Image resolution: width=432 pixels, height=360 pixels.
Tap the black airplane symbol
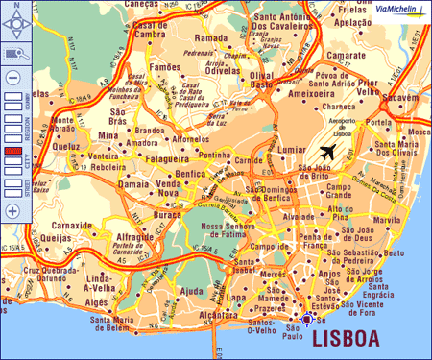click(326, 152)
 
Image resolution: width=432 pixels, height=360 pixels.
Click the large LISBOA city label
click(342, 338)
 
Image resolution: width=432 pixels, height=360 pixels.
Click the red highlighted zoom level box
click(12, 152)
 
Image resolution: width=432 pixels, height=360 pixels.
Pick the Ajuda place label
click(193, 290)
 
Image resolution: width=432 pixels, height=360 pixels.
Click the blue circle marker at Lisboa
click(307, 319)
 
